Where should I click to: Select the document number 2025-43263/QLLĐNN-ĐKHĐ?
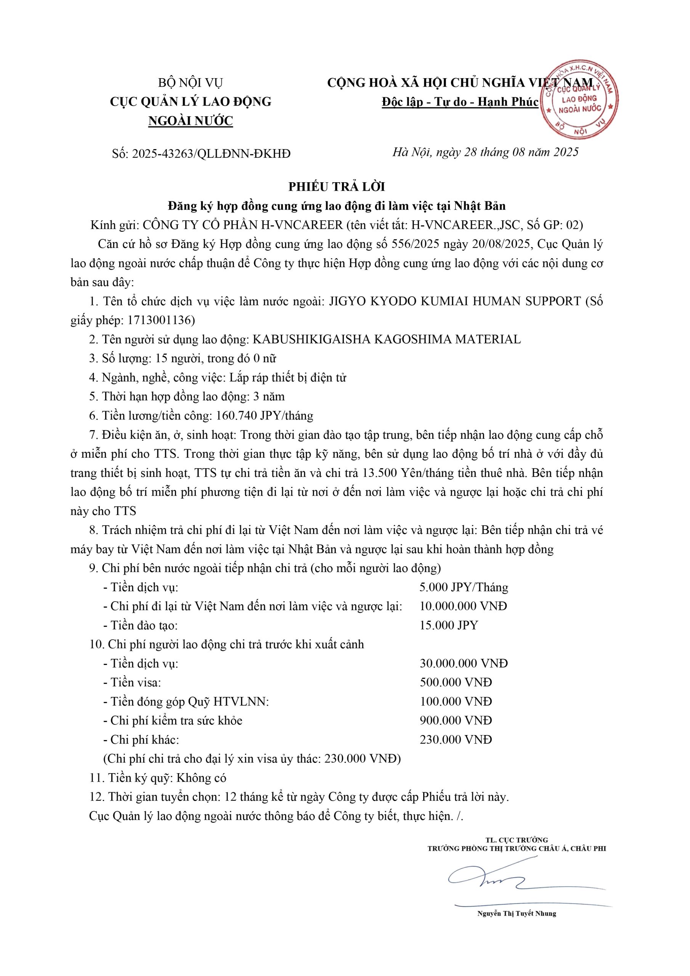[211, 154]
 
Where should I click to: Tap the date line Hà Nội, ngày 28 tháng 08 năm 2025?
[485, 152]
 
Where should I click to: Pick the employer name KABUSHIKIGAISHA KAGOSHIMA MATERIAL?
[387, 339]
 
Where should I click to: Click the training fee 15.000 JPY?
[449, 625]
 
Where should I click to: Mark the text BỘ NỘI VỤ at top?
[191, 82]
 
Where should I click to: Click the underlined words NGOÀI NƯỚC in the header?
[191, 121]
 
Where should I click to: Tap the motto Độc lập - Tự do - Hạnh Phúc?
[460, 102]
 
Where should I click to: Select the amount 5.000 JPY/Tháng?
[464, 588]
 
